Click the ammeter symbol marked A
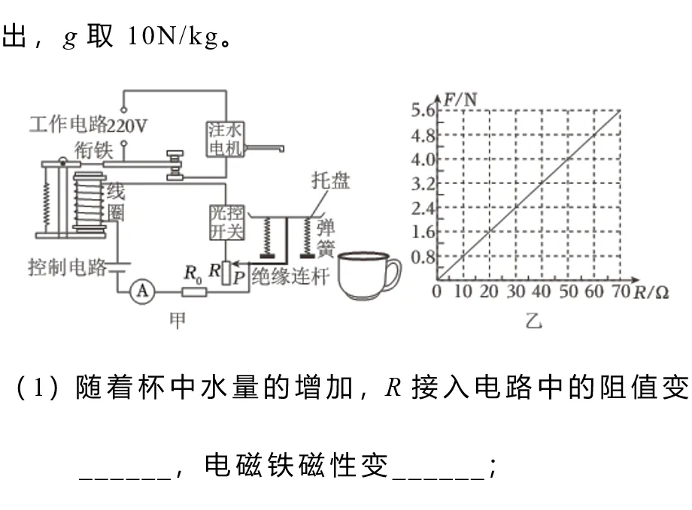pyautogui.click(x=142, y=291)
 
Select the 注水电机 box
pyautogui.click(x=225, y=139)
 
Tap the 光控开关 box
pyautogui.click(x=226, y=223)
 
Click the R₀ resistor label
pyautogui.click(x=193, y=274)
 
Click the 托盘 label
pyautogui.click(x=330, y=181)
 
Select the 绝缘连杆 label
pyautogui.click(x=291, y=277)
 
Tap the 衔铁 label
pyautogui.click(x=93, y=150)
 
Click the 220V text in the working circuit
pyautogui.click(x=127, y=126)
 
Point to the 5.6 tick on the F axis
pyautogui.click(x=423, y=110)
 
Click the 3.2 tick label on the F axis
pyautogui.click(x=423, y=183)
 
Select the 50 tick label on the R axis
pyautogui.click(x=568, y=291)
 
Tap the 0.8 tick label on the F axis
pyautogui.click(x=423, y=257)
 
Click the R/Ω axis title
pyautogui.click(x=651, y=292)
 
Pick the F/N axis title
pyautogui.click(x=460, y=100)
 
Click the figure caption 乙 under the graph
pyautogui.click(x=533, y=321)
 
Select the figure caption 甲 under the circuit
pyautogui.click(x=178, y=320)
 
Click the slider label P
pyautogui.click(x=238, y=278)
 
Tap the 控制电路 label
pyautogui.click(x=68, y=267)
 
